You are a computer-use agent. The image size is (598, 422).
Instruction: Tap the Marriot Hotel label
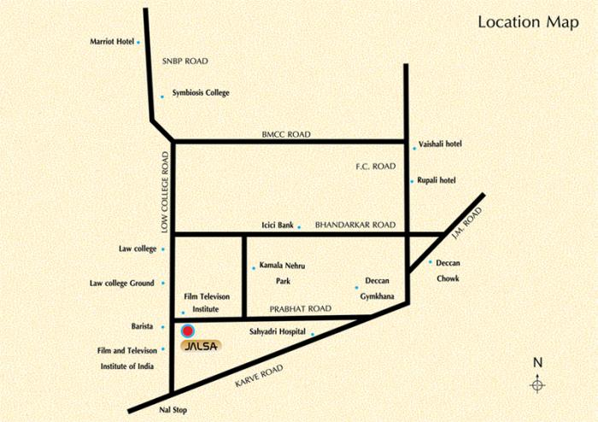tap(112, 41)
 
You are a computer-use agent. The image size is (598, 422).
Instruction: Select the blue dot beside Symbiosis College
tap(161, 97)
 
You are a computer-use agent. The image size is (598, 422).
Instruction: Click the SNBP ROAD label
tap(185, 62)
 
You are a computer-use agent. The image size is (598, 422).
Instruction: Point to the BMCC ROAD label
tap(286, 135)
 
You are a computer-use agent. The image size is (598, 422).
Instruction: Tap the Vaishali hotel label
tap(440, 144)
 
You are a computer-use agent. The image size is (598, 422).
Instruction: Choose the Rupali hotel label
tap(437, 180)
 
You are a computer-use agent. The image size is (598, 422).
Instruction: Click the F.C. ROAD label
tap(376, 166)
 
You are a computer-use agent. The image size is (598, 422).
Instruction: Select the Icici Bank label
tap(278, 226)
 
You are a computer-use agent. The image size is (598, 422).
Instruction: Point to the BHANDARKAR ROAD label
tap(355, 225)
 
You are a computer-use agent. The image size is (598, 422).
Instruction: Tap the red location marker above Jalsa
tap(188, 330)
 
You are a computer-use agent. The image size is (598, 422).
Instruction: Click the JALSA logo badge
tap(201, 346)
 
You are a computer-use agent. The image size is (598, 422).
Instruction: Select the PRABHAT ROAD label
tap(300, 308)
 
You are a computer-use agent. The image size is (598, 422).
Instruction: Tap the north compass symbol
tap(537, 384)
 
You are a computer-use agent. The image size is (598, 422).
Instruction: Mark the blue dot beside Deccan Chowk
tap(430, 261)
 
